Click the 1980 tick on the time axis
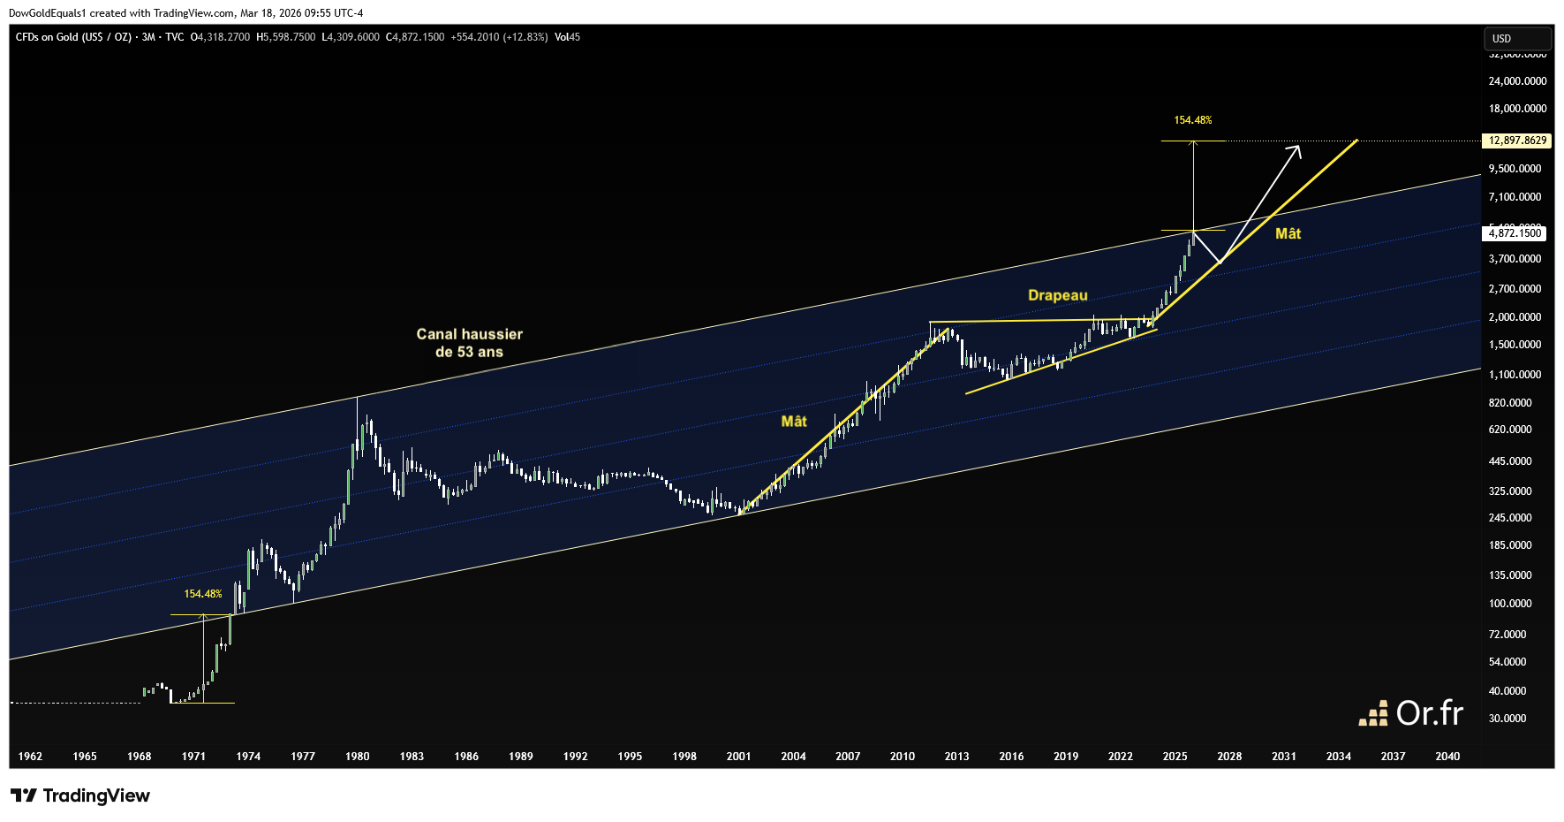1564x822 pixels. (357, 757)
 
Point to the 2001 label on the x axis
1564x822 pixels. (738, 757)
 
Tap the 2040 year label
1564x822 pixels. (1447, 757)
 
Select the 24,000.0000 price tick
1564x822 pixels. (1517, 81)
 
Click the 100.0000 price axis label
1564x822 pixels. (1510, 604)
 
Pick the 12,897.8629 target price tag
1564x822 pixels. (1517, 141)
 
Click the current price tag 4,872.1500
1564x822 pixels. (1515, 233)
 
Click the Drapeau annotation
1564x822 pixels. (1057, 295)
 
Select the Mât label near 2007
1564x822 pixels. (794, 422)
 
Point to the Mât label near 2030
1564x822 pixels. (1288, 234)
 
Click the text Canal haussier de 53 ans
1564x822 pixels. (469, 343)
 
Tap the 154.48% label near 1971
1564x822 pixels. (203, 594)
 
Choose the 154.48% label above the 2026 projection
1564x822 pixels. (1192, 120)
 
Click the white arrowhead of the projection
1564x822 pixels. (1297, 148)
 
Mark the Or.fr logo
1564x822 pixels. (1410, 713)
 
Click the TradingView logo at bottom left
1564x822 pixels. (80, 795)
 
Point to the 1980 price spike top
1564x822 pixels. (357, 400)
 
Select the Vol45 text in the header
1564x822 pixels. (567, 37)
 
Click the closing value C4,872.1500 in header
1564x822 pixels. (415, 37)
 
